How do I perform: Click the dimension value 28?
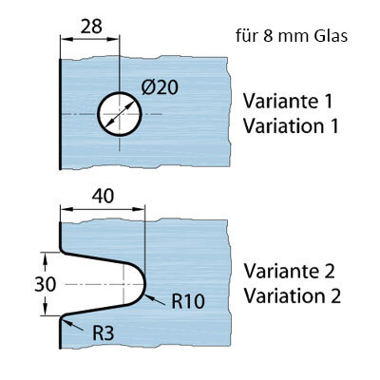click(x=91, y=27)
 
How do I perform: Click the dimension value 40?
click(x=103, y=196)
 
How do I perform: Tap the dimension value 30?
click(x=45, y=284)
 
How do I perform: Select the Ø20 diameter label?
click(x=160, y=87)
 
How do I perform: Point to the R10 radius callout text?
click(x=188, y=301)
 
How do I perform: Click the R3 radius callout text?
click(x=104, y=332)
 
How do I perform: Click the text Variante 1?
click(x=288, y=101)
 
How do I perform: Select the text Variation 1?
click(x=291, y=125)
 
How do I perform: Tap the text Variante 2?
click(x=289, y=271)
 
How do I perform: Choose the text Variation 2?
click(x=293, y=295)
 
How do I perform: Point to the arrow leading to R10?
click(x=155, y=300)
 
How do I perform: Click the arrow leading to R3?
click(x=72, y=325)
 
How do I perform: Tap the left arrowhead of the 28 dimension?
click(x=66, y=39)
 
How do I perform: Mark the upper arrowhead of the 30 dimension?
click(x=45, y=258)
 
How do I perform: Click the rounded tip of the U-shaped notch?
click(x=144, y=284)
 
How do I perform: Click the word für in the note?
click(x=245, y=36)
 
